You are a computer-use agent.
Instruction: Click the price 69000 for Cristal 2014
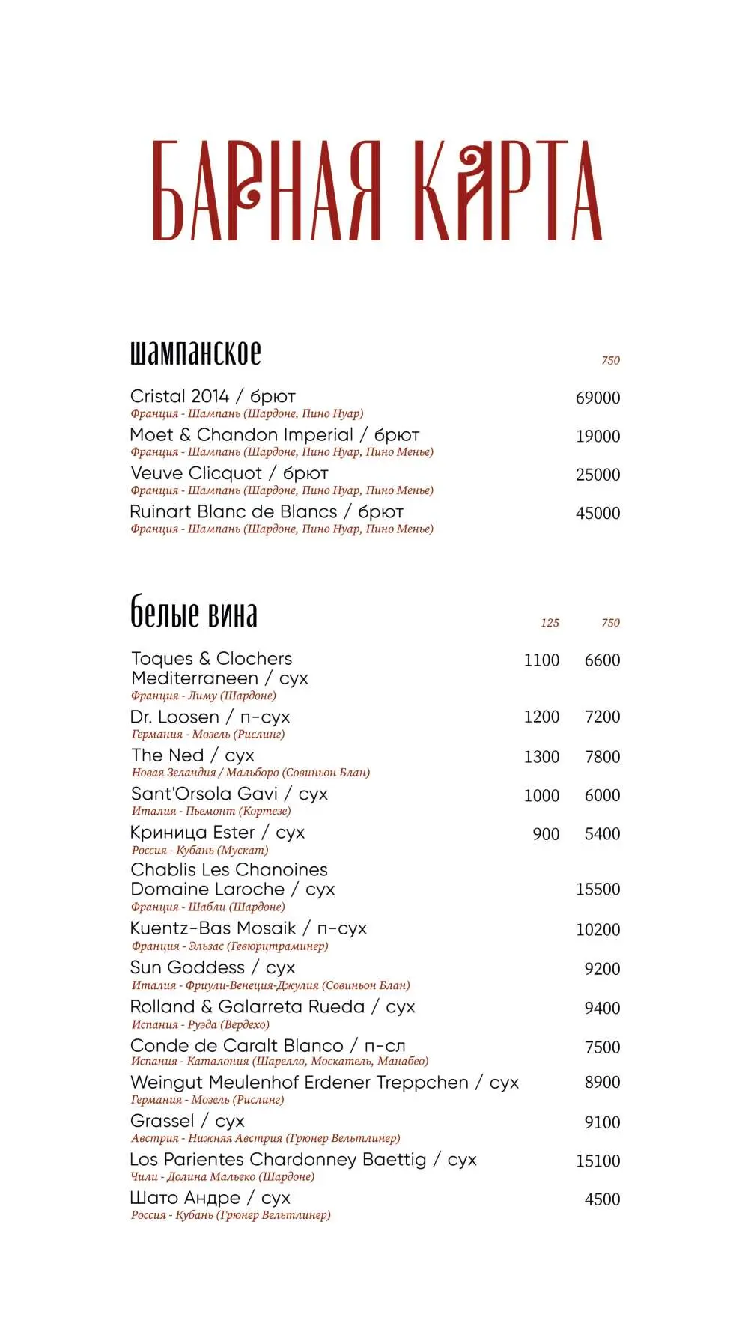[597, 398]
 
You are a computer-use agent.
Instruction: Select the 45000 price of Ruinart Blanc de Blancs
[597, 513]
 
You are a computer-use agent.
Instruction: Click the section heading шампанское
[195, 353]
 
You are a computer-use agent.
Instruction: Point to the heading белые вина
[194, 614]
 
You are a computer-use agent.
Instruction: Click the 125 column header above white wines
[550, 623]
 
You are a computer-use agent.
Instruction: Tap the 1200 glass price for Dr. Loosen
[541, 717]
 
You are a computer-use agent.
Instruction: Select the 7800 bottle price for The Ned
[602, 757]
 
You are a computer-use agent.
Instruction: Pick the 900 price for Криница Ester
[546, 834]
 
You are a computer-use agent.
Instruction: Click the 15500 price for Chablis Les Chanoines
[597, 890]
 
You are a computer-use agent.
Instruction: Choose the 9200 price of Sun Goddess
[602, 969]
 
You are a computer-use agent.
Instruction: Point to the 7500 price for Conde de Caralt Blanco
[602, 1047]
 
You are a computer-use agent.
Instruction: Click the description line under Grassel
[265, 1138]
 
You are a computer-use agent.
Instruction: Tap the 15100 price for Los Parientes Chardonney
[597, 1161]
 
